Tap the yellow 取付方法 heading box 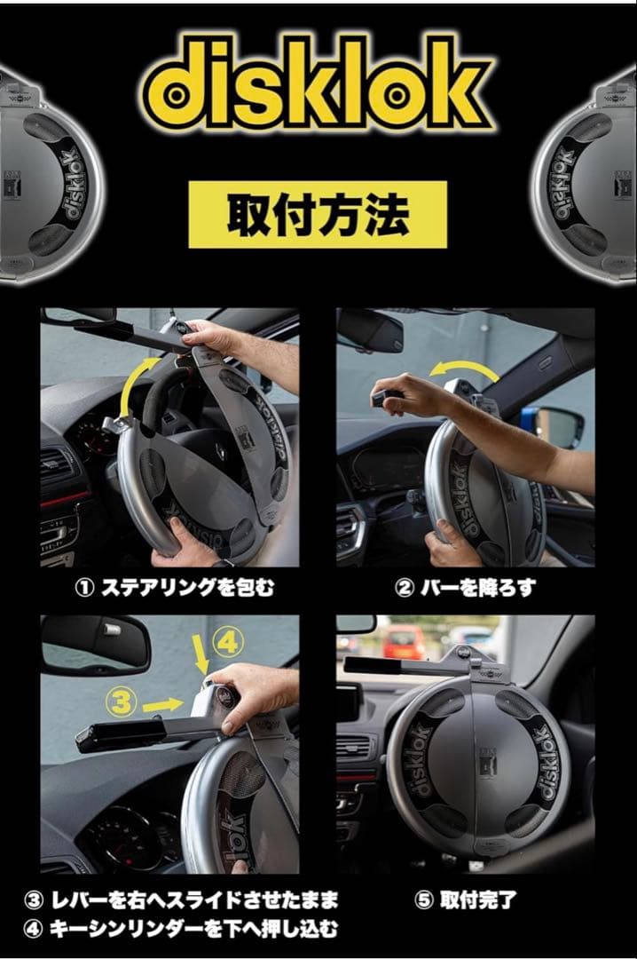pyautogui.click(x=318, y=215)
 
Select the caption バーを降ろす pyautogui.click(x=466, y=587)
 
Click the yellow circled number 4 pyautogui.click(x=226, y=639)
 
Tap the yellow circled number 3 pyautogui.click(x=123, y=704)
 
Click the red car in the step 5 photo pyautogui.click(x=404, y=640)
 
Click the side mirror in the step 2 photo pyautogui.click(x=559, y=426)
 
